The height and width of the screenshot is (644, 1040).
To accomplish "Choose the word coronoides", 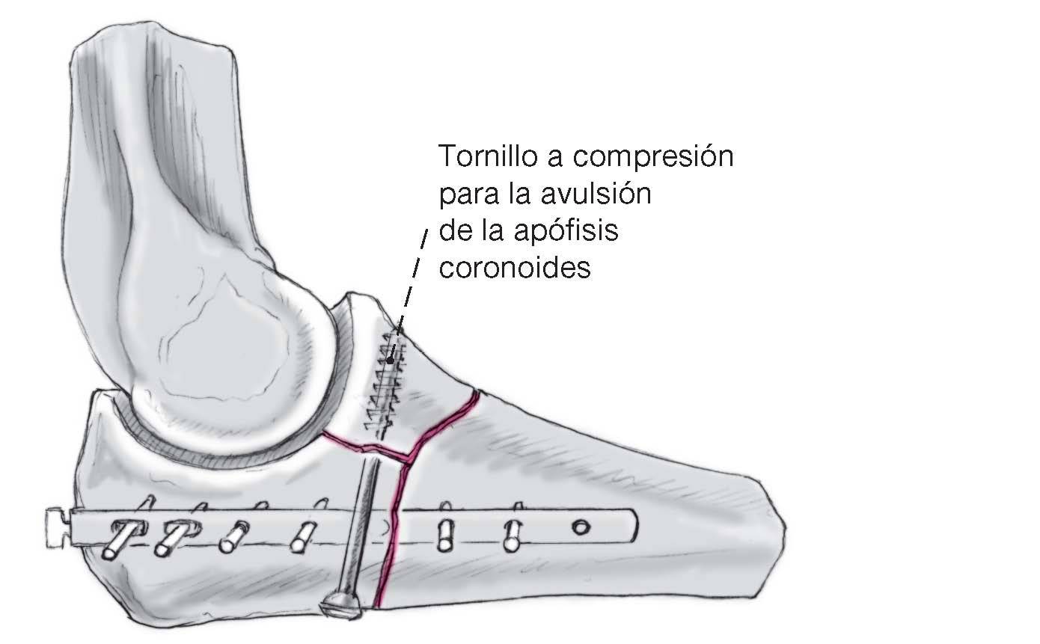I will tap(514, 267).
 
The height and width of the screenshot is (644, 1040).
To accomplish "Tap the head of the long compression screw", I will tap(345, 604).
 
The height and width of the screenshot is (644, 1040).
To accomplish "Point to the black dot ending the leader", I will tap(390, 361).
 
